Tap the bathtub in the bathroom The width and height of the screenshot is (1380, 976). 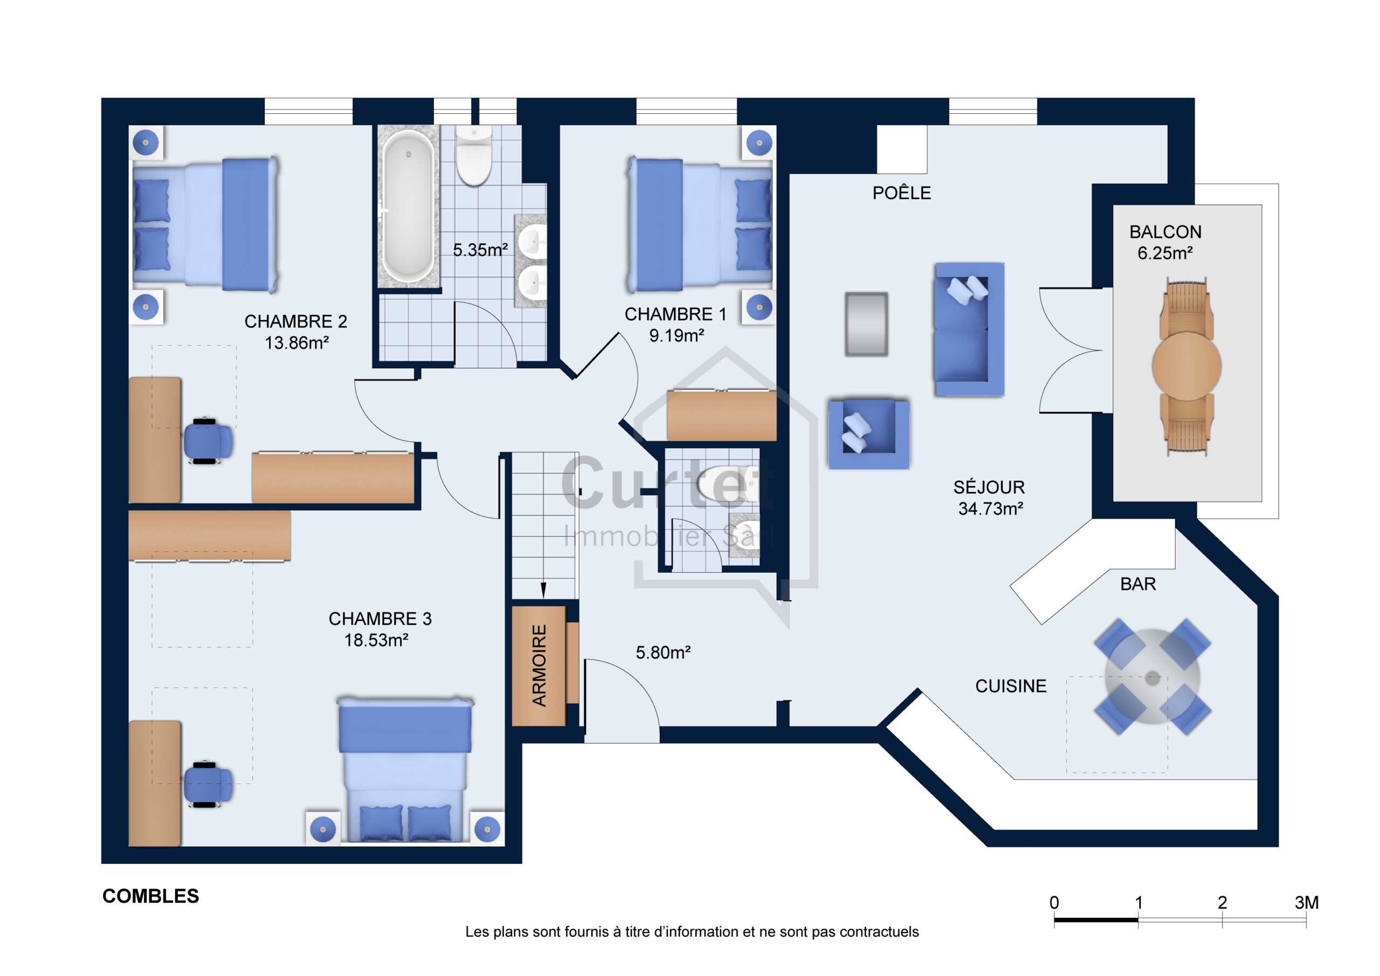click(x=408, y=207)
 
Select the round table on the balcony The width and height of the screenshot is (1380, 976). click(x=1186, y=365)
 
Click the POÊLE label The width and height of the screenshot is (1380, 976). click(x=901, y=193)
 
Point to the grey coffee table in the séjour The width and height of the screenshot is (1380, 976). click(x=866, y=324)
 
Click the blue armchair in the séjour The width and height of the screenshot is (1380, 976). click(x=868, y=434)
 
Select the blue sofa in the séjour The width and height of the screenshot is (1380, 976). click(x=969, y=329)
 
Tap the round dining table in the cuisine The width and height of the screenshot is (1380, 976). click(x=1152, y=677)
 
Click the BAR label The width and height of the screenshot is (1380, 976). click(x=1138, y=584)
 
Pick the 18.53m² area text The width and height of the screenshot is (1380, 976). click(x=376, y=641)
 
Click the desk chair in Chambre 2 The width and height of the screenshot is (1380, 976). click(x=207, y=440)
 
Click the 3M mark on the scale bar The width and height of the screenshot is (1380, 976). click(x=1307, y=903)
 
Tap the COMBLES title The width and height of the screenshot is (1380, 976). click(x=150, y=897)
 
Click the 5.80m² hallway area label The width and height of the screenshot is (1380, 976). click(x=663, y=652)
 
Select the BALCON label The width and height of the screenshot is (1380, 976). click(x=1165, y=232)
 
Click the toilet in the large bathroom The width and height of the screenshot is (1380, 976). click(x=474, y=156)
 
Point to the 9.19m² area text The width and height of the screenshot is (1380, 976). click(x=676, y=335)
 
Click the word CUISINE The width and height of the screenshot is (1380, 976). click(x=1010, y=686)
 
